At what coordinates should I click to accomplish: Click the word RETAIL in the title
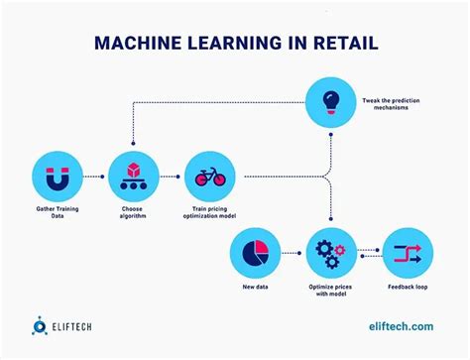tap(339, 44)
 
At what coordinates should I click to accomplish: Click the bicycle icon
tap(208, 176)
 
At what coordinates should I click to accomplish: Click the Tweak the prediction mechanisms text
tap(391, 101)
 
